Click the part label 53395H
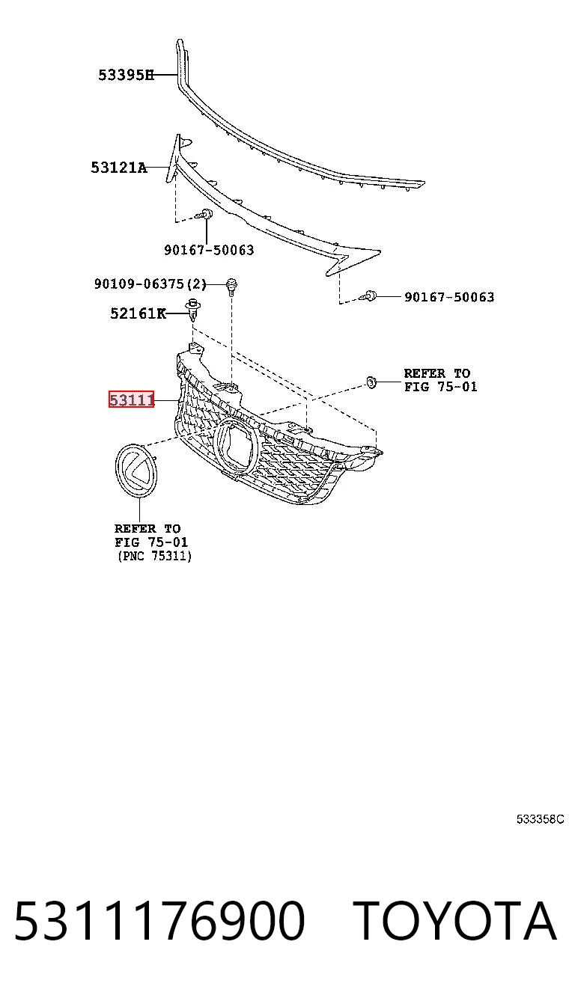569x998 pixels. (127, 75)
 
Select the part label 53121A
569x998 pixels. (118, 168)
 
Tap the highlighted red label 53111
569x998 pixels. (132, 399)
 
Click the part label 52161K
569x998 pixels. (138, 313)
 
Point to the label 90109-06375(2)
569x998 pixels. (150, 284)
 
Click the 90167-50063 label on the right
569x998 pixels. (449, 297)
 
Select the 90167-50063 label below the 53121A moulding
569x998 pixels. (209, 250)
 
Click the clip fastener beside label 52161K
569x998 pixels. (192, 310)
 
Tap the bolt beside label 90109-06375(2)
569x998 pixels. (231, 287)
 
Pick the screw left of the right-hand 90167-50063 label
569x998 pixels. (368, 296)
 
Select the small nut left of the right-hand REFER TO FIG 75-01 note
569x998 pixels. (371, 382)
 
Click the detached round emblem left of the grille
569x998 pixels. (136, 470)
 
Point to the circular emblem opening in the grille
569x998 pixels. (216, 446)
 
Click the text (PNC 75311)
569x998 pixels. (154, 556)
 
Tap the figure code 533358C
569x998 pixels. (540, 819)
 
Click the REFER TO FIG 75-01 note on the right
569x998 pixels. (440, 380)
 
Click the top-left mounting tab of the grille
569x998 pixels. (195, 349)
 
